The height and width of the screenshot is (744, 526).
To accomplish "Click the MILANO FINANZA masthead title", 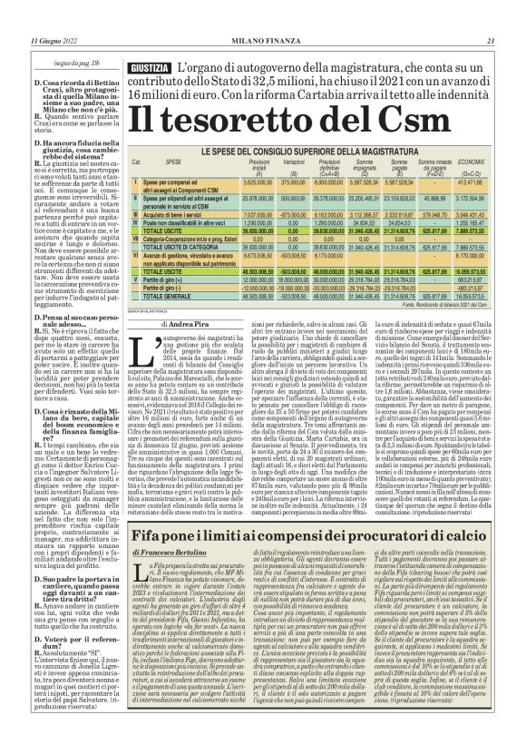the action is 264,15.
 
